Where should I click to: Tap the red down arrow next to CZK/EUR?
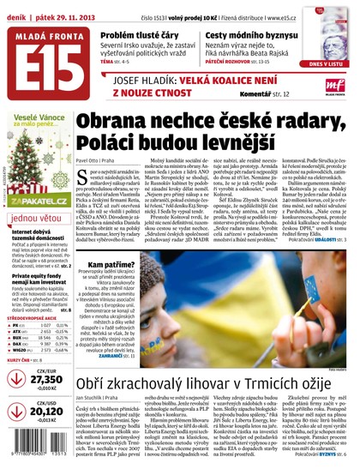click(15, 379)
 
